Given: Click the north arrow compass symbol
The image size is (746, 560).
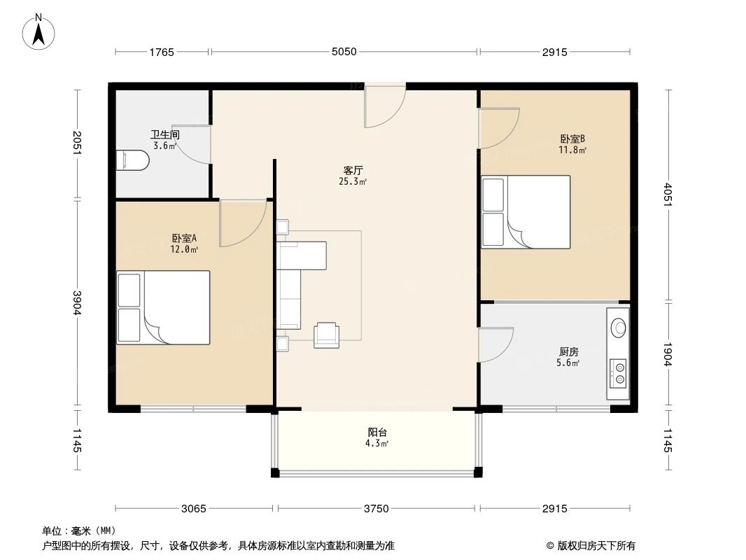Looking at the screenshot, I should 40,31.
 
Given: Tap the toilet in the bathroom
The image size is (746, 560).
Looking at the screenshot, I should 132,160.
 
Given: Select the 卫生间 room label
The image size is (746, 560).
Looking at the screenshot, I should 165,134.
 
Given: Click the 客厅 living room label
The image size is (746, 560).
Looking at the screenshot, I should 352,170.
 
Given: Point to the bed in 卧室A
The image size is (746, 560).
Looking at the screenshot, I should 164,307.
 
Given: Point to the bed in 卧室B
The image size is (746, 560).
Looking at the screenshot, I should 526,211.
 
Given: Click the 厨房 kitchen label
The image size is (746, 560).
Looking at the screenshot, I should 568,351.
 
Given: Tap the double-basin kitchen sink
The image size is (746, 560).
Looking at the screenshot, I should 619,372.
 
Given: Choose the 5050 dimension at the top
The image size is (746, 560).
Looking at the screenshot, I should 344,52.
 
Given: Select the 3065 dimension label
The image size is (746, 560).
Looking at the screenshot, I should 194,509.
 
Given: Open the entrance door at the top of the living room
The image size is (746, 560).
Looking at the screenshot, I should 384,105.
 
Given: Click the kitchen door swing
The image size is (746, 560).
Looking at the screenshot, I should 495,344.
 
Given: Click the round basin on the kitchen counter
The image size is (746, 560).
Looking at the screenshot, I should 619,327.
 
